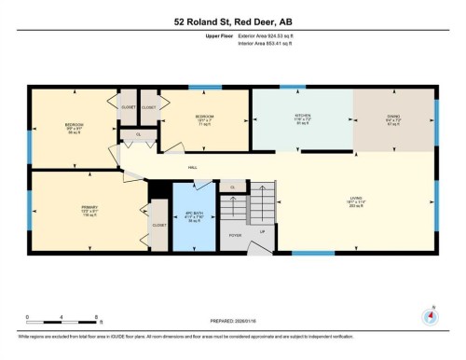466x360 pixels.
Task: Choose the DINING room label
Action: [393, 118]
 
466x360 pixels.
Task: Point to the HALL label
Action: [192, 168]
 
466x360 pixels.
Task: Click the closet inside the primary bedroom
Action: [158, 225]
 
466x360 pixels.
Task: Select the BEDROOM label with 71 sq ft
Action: [206, 119]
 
